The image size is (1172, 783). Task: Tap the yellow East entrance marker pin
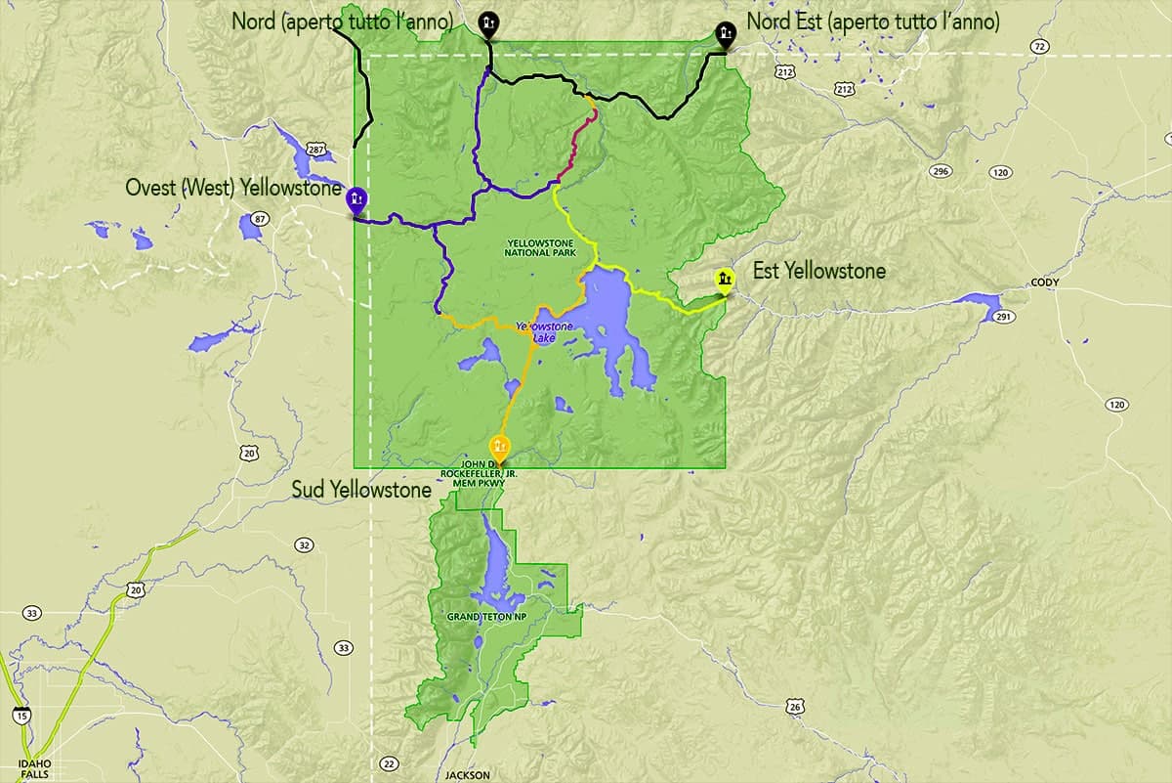click(x=724, y=281)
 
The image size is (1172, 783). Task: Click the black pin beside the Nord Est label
click(x=724, y=35)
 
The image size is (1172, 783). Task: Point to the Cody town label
click(x=1044, y=283)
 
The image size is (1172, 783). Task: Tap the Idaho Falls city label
click(x=33, y=767)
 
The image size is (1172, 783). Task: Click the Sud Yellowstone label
click(x=361, y=490)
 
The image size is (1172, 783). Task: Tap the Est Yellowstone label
click(x=818, y=271)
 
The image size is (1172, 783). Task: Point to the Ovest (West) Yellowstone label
click(x=233, y=187)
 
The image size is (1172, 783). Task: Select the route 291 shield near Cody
click(x=1001, y=316)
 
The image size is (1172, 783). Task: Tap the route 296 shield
click(x=941, y=171)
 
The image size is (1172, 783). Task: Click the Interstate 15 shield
click(x=21, y=717)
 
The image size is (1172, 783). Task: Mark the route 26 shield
click(x=797, y=706)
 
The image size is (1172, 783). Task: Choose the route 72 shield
click(x=1039, y=46)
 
